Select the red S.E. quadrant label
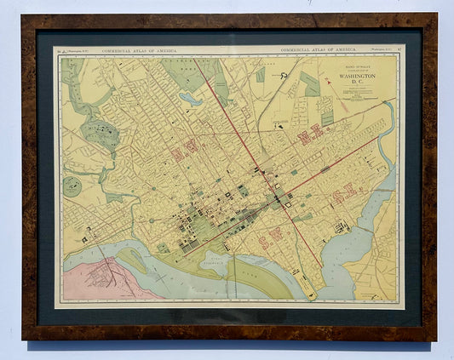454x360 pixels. click(344, 195)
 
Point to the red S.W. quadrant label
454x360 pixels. click(278, 233)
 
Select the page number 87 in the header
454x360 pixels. click(399, 52)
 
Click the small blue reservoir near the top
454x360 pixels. click(191, 100)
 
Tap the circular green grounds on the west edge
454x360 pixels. click(73, 186)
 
